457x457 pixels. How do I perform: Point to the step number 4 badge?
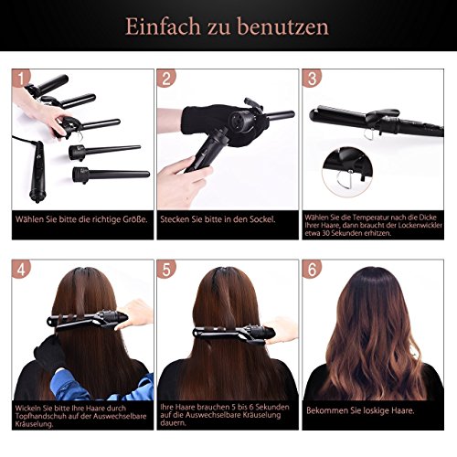click(x=23, y=271)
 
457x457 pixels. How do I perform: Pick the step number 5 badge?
click(x=167, y=271)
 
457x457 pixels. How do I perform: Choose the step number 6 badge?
click(x=313, y=271)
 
